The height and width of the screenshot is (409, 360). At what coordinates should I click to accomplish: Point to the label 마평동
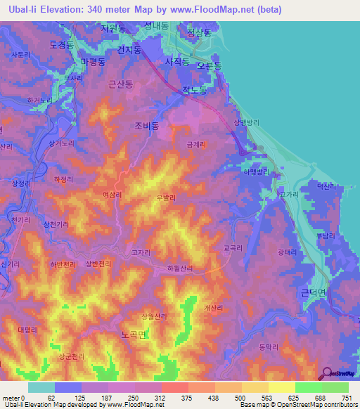point(93,63)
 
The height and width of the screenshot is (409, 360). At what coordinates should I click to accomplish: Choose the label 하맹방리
point(256,170)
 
